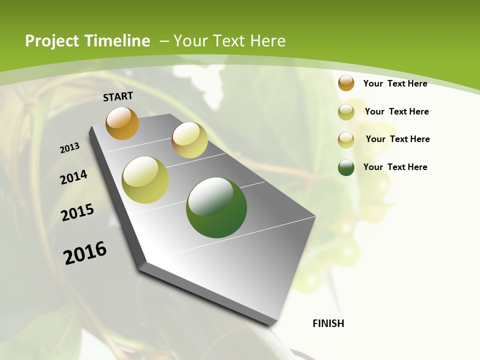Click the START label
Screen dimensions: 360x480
coord(118,96)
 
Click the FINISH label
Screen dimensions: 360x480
coord(328,323)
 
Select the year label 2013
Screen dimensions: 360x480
coord(70,148)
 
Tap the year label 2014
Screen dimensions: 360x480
coord(74,177)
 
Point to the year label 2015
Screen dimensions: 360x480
coord(77,212)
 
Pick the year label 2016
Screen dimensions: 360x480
coord(85,253)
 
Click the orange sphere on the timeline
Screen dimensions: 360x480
coord(122,123)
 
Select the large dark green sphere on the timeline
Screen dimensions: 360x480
coord(216,207)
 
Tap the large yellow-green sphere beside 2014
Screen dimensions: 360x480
coord(145,180)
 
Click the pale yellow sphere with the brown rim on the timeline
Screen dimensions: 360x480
coord(189,140)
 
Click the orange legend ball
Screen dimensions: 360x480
coord(346,83)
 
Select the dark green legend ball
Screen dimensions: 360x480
coord(346,167)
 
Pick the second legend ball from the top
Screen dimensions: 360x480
coord(346,112)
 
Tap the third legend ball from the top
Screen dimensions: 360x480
coord(346,140)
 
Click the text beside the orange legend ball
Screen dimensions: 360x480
coord(395,83)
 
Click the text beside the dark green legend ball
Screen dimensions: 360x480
coord(395,167)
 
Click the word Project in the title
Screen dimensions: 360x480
coord(52,41)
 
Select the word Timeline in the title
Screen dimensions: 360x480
coord(117,41)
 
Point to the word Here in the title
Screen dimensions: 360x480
coord(267,41)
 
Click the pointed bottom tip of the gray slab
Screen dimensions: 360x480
coord(270,324)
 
